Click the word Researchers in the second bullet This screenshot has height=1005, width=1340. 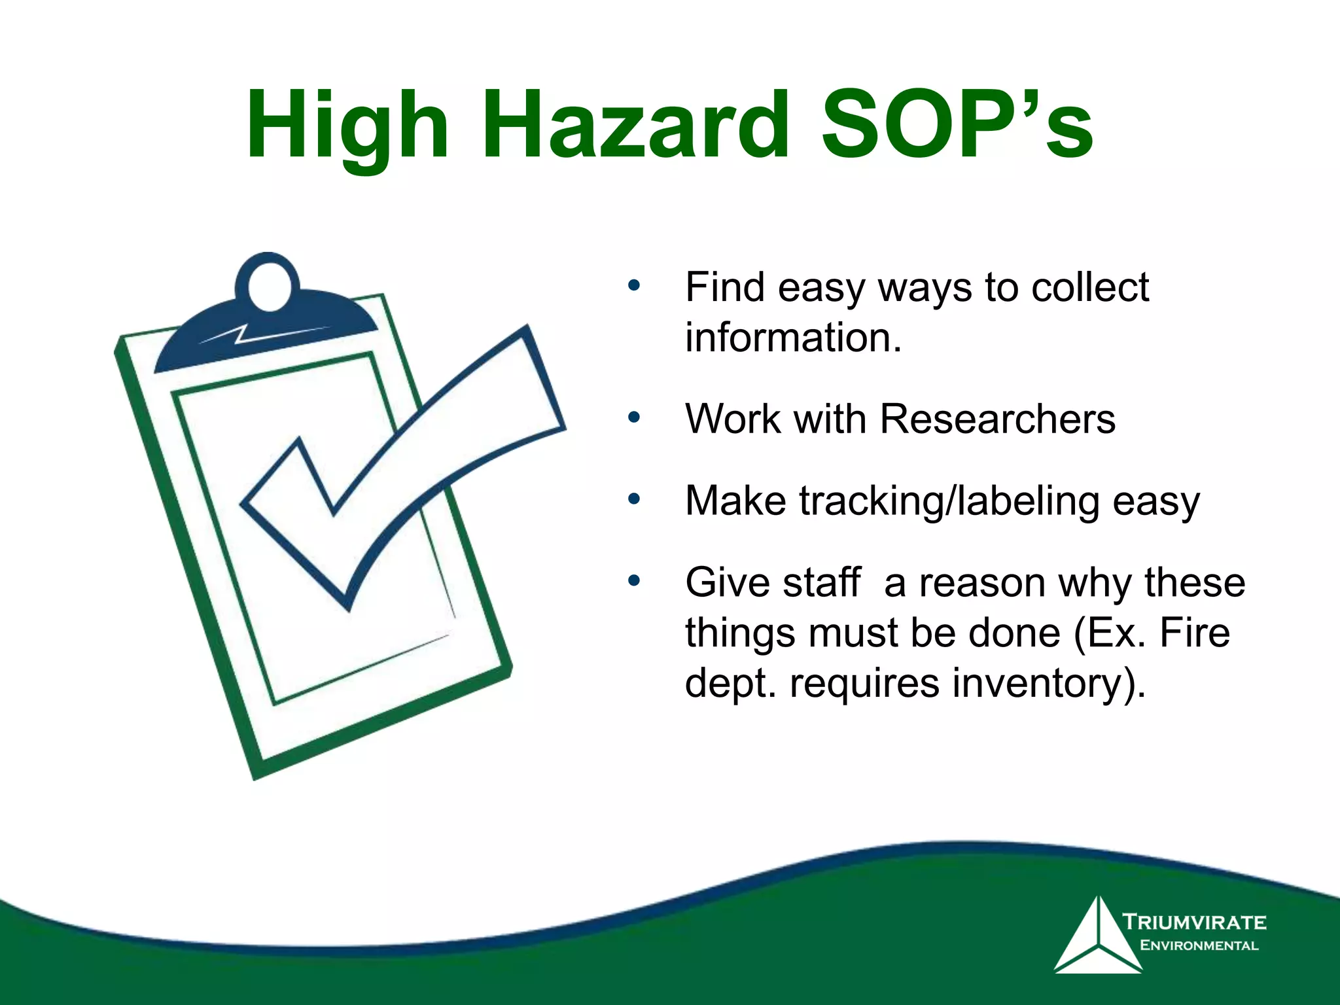pyautogui.click(x=997, y=419)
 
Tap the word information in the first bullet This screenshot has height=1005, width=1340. pyautogui.click(x=793, y=338)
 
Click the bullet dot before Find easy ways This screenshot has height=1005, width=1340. pyautogui.click(x=633, y=286)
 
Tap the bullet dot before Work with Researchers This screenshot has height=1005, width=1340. pyautogui.click(x=633, y=417)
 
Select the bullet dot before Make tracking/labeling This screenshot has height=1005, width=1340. pyautogui.click(x=633, y=499)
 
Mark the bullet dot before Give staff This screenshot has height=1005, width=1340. pyautogui.click(x=633, y=581)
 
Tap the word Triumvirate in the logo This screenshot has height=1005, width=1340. pyautogui.click(x=1194, y=923)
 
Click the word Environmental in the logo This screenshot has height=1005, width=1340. pyautogui.click(x=1199, y=945)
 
